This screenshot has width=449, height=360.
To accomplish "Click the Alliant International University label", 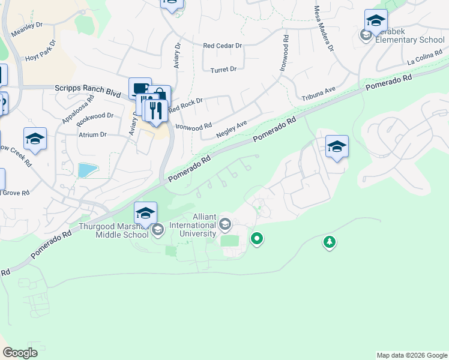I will (x=195, y=225).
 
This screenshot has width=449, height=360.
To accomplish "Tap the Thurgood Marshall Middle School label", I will (x=114, y=230).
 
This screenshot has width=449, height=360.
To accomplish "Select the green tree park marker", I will (x=329, y=242).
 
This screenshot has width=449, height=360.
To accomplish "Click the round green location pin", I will (x=257, y=239).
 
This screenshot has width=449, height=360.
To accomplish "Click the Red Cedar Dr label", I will (x=222, y=46).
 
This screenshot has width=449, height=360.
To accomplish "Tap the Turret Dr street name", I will (x=223, y=69).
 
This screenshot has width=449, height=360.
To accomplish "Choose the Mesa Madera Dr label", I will (x=322, y=28).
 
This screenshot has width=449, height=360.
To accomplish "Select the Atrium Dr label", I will (x=92, y=135).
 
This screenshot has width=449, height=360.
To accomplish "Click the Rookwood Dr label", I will (x=95, y=115).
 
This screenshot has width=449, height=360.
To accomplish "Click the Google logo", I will (x=20, y=353).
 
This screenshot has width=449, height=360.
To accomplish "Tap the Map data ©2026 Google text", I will (x=412, y=355).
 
